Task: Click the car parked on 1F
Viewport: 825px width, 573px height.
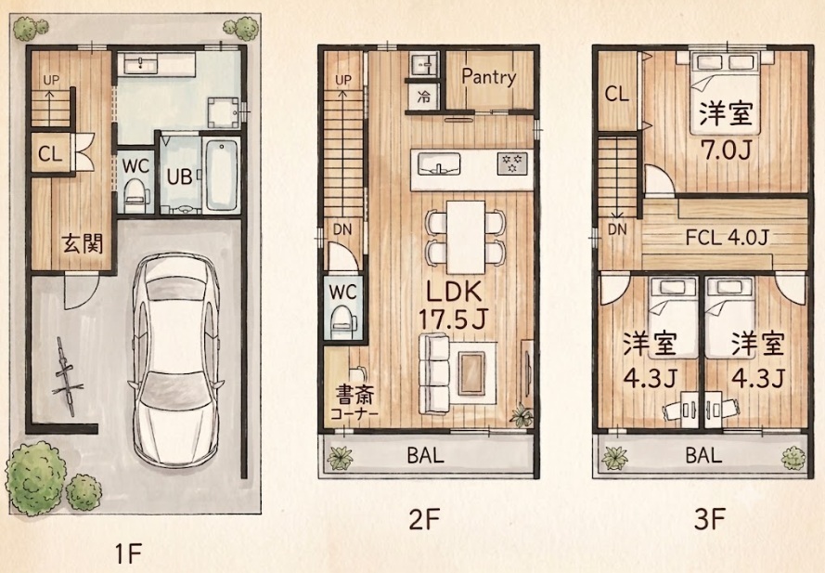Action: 176,360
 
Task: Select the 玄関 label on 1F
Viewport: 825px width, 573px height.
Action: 82,243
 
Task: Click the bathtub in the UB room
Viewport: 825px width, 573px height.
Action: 221,175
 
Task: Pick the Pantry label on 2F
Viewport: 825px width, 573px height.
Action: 489,77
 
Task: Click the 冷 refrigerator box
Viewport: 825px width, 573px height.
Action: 423,97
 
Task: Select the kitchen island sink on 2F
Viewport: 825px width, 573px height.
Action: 439,163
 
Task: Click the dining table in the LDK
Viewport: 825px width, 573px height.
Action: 466,237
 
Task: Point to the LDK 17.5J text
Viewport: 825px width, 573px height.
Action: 454,305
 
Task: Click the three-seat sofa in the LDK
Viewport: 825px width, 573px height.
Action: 434,374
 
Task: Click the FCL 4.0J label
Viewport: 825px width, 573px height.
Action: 728,238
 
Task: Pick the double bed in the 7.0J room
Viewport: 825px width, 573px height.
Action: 726,92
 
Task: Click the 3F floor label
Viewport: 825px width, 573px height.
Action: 710,519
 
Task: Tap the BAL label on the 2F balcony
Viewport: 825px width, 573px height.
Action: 426,455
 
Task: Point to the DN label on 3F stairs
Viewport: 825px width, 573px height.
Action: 617,229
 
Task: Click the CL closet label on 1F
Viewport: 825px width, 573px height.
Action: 50,154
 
